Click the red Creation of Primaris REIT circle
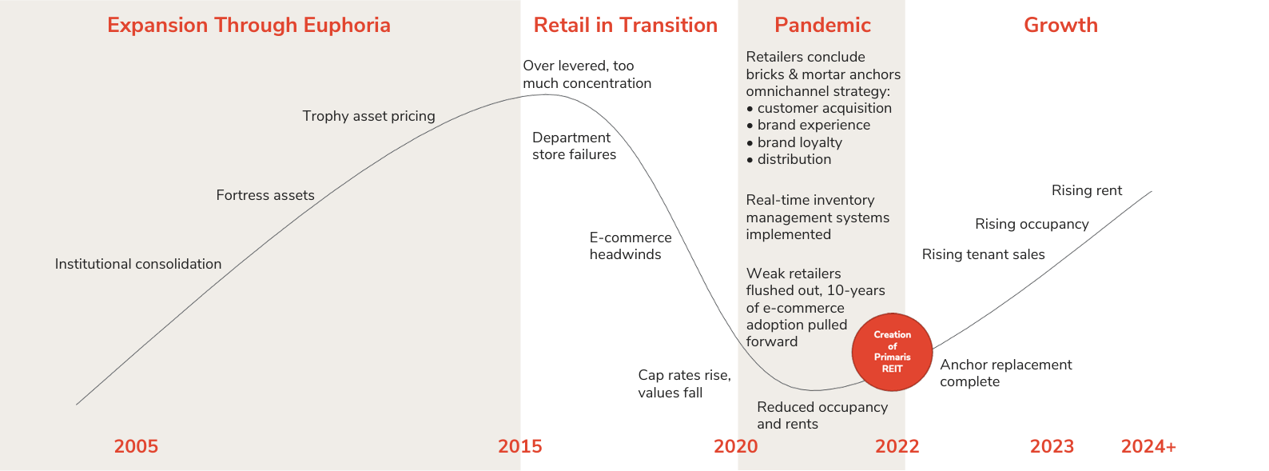tap(892, 352)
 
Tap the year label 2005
tap(136, 446)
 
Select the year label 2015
tap(519, 446)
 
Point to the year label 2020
tap(735, 446)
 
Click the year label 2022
tap(897, 446)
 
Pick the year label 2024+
tap(1148, 446)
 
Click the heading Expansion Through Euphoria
tap(249, 25)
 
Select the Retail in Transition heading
tap(625, 25)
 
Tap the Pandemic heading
tap(822, 25)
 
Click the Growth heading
tap(1060, 25)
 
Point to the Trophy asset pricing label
tap(368, 116)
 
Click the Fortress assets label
tap(265, 195)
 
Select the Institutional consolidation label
tap(138, 264)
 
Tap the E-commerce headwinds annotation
tap(630, 246)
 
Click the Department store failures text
tap(574, 146)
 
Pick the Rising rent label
tap(1086, 190)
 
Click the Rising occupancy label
tap(1032, 224)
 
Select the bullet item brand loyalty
tap(798, 142)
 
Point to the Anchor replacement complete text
tap(1005, 373)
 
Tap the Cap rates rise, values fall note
tap(683, 384)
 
